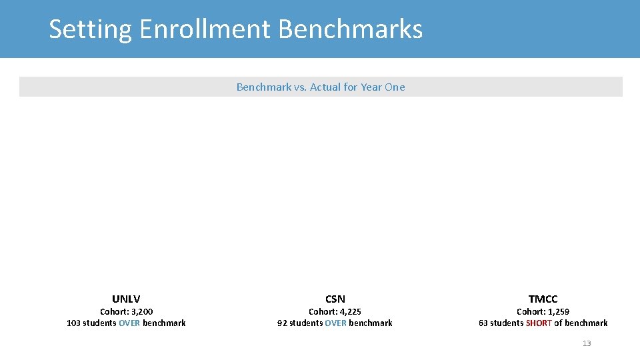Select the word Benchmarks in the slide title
(x=350, y=29)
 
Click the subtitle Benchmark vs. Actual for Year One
(x=321, y=87)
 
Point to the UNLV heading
(x=126, y=299)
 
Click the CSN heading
(x=335, y=299)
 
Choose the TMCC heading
(x=543, y=299)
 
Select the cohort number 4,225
(x=349, y=311)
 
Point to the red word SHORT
(x=539, y=323)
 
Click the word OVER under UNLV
(x=129, y=323)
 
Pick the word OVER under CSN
(x=335, y=323)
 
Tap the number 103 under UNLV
(x=73, y=323)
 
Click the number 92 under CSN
(x=282, y=323)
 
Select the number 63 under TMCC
(x=483, y=323)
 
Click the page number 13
(x=587, y=343)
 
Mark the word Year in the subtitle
(x=371, y=87)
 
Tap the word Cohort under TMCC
(x=531, y=311)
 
